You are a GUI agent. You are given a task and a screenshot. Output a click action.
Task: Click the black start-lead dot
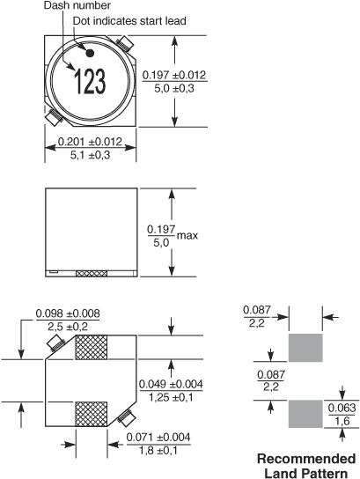click(x=90, y=53)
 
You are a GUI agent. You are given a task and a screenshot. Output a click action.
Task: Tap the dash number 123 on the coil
click(x=90, y=81)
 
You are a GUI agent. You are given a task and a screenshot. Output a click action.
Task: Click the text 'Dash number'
click(x=77, y=5)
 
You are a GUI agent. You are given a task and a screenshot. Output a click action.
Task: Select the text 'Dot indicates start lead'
click(x=129, y=21)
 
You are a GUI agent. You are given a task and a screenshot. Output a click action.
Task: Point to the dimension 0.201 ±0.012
click(x=90, y=142)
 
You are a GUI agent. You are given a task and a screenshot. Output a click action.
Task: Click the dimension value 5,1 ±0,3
click(x=90, y=155)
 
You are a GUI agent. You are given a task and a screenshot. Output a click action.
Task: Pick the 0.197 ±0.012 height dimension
click(x=174, y=75)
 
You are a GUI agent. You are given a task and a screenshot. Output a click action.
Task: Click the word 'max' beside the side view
click(x=187, y=235)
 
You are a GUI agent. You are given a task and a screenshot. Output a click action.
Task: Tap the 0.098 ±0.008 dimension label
click(x=68, y=313)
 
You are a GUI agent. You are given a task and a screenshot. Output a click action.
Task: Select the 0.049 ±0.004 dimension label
click(x=171, y=384)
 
